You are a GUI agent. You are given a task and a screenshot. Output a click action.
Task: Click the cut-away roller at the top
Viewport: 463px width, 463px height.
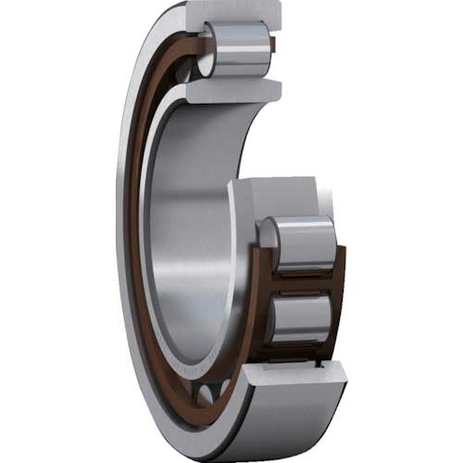[239, 51]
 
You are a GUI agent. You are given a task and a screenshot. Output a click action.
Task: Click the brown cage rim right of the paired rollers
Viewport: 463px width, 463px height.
[339, 287]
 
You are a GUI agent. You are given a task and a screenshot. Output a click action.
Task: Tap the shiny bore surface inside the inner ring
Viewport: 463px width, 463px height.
[185, 231]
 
